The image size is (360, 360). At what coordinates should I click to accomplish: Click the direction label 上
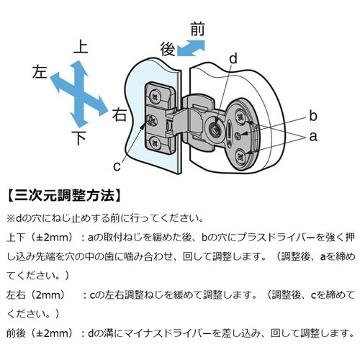[x=81, y=47]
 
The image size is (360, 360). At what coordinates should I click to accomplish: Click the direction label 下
[x=79, y=138]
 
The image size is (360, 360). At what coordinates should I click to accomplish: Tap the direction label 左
[x=40, y=72]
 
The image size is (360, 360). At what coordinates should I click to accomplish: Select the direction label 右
[x=120, y=114]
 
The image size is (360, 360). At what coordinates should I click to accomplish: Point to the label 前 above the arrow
[x=198, y=29]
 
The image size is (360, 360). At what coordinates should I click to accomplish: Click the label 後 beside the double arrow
[x=168, y=49]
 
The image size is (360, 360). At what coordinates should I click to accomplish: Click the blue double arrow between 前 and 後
[x=191, y=48]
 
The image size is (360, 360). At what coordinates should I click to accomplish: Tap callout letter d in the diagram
[x=233, y=58]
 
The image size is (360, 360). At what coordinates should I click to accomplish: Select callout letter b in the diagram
[x=313, y=115]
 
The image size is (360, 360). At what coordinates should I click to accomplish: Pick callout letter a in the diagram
[x=313, y=137]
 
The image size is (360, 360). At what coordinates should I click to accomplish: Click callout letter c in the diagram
[x=117, y=166]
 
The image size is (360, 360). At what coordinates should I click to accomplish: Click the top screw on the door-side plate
[x=156, y=97]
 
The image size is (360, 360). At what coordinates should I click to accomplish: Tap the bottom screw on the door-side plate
[x=155, y=143]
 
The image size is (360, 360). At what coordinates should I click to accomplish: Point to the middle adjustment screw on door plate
[x=152, y=120]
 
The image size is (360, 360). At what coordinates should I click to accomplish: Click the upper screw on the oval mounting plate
[x=240, y=117]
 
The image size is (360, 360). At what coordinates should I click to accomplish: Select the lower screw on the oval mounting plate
[x=240, y=157]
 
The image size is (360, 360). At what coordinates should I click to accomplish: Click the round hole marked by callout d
[x=214, y=129]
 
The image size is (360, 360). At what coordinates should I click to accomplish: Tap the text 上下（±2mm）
[x=40, y=238]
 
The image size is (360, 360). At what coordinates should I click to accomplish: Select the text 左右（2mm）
[x=36, y=294]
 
